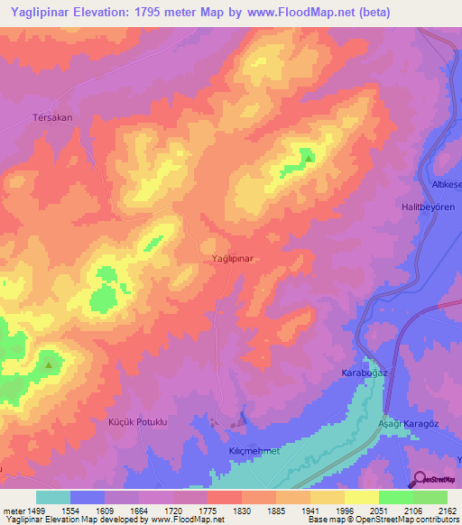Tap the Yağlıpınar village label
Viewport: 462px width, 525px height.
[231, 258]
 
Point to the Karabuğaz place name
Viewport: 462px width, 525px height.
[365, 373]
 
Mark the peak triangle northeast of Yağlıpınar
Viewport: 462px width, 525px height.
[309, 159]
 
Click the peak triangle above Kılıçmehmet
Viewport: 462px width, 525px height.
[242, 419]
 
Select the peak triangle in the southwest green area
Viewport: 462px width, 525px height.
[49, 365]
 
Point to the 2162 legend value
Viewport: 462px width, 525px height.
[447, 510]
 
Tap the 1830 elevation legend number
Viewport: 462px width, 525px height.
[241, 510]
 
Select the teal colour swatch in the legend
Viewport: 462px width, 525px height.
[52, 497]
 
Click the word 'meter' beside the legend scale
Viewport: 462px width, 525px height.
[13, 510]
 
